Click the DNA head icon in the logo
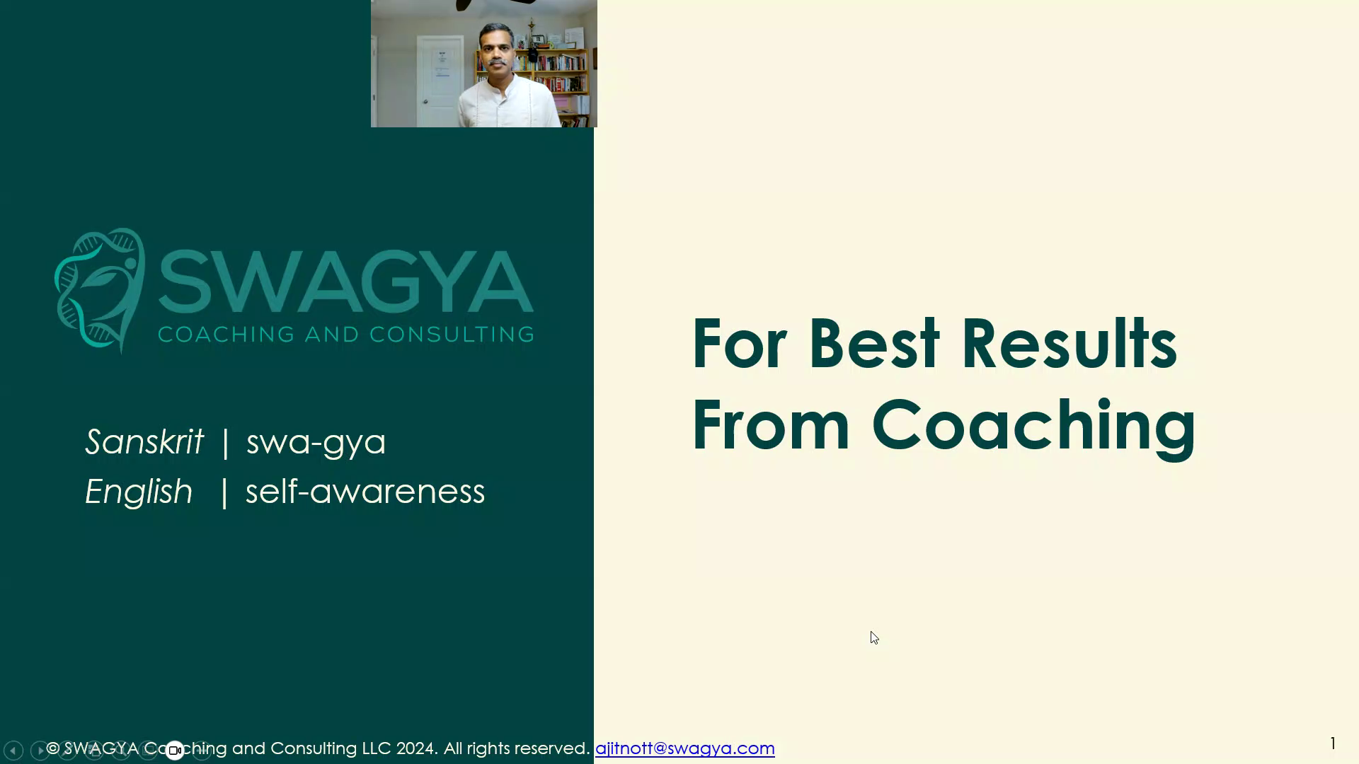click(100, 290)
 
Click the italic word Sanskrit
click(144, 441)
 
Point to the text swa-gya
click(316, 443)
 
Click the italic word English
click(139, 492)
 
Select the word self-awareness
click(365, 492)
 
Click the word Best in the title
click(874, 345)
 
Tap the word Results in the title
click(1069, 345)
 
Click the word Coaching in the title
click(1033, 427)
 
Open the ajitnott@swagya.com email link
click(685, 748)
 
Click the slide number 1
click(1333, 743)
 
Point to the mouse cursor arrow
click(874, 637)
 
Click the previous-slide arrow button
click(13, 750)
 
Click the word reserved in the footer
click(552, 748)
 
